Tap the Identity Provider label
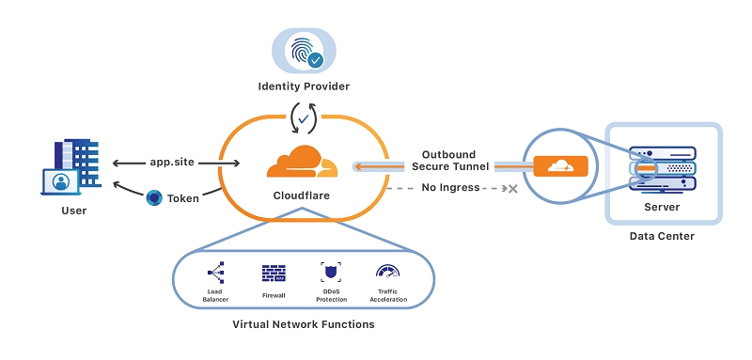304,86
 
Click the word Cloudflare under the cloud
303,197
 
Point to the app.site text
172,162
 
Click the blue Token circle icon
154,198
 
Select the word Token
183,199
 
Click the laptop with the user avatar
62,180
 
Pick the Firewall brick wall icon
274,273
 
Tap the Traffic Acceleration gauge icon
386,272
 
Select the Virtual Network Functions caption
303,324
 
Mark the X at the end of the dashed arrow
512,189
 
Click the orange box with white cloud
560,166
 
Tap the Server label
664,207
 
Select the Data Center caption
662,236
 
